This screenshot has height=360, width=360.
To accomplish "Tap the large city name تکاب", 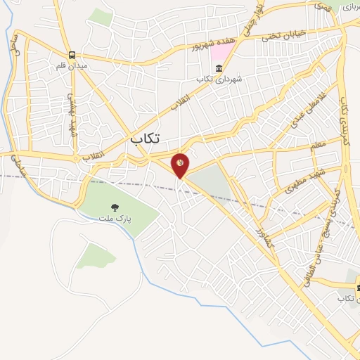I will pos(146,139).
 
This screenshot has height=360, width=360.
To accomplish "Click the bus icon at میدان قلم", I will pos(72,55).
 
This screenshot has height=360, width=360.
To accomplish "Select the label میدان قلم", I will pos(71,66).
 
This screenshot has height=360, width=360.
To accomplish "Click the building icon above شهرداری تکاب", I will pos(219,68).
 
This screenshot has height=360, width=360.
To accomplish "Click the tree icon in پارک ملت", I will pos(115,207).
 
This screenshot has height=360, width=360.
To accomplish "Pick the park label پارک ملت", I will pos(117,218).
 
